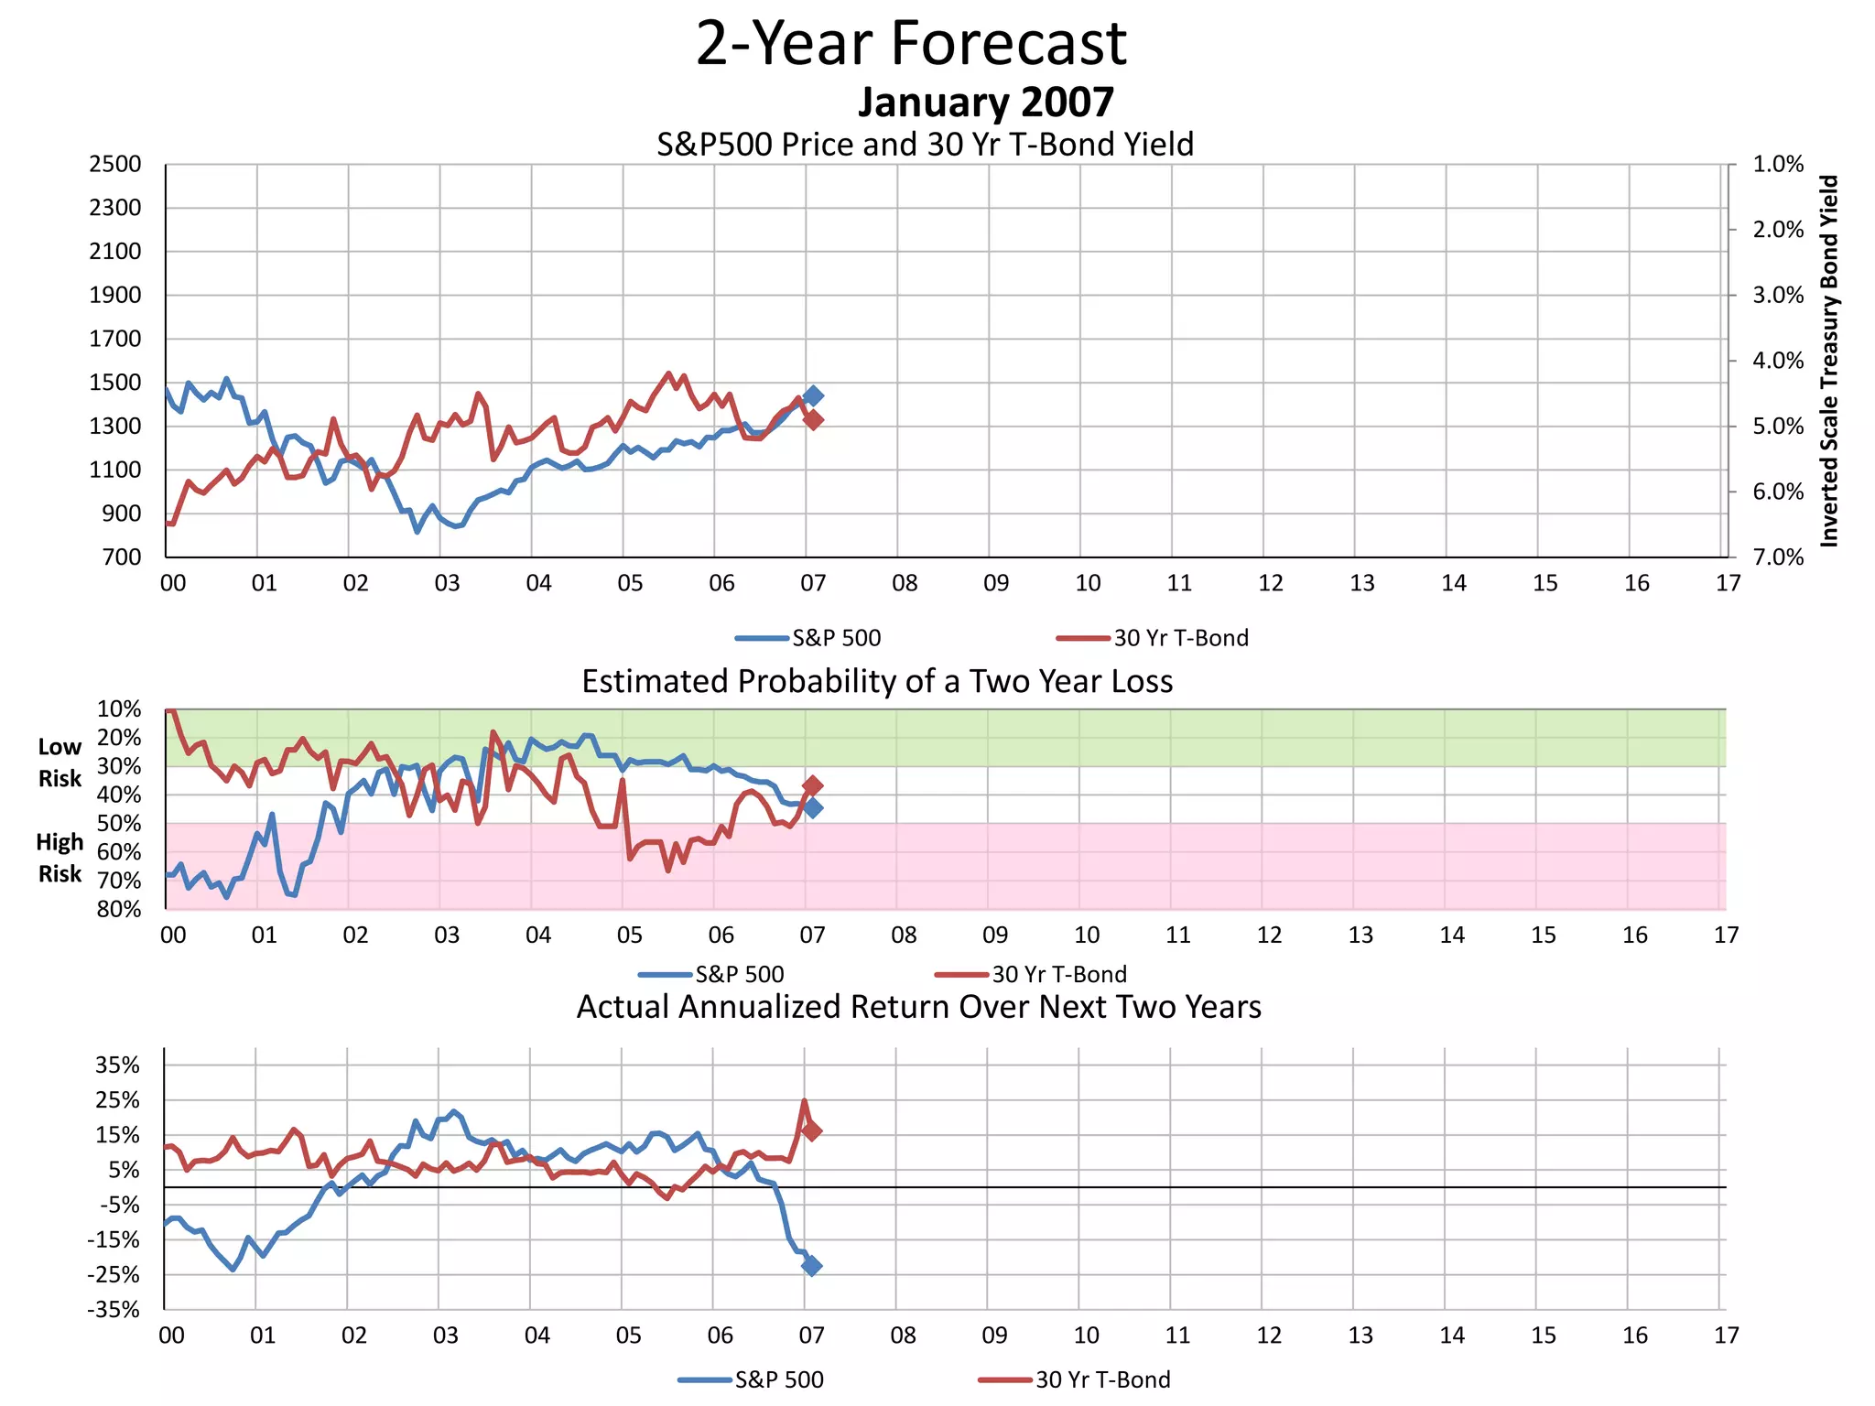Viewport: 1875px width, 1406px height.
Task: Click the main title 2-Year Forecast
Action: pos(911,43)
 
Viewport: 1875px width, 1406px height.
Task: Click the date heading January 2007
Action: pos(985,103)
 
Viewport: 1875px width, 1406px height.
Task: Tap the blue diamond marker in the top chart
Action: pos(812,395)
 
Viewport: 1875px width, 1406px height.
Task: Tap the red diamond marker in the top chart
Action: pos(812,419)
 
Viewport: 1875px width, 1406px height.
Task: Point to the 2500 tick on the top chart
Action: pos(115,165)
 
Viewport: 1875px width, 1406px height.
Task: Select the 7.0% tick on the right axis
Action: pos(1777,557)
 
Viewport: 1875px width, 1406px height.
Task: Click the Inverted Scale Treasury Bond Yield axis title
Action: pos(1829,361)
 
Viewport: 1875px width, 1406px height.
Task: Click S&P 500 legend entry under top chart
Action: pos(808,638)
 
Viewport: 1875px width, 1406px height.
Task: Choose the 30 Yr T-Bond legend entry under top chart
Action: pos(1153,638)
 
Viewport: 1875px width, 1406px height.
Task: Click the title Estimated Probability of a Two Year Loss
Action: pos(877,682)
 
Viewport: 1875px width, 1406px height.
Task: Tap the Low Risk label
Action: pos(60,762)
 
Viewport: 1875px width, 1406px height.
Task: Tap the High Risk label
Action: pos(60,858)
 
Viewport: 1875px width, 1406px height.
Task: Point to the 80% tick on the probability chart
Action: pos(120,909)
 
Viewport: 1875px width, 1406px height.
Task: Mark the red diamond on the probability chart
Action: pos(812,785)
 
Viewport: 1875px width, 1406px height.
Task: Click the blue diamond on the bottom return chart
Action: pos(811,1265)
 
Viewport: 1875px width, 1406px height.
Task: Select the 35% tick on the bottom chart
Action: pos(118,1065)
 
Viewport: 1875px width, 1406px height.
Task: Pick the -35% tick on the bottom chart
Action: pos(114,1310)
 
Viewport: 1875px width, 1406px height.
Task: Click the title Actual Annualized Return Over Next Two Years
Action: pos(918,1007)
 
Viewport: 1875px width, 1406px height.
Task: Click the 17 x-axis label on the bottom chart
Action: pos(1726,1336)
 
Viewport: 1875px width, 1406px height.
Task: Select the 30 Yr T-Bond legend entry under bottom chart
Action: pos(1075,1379)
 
